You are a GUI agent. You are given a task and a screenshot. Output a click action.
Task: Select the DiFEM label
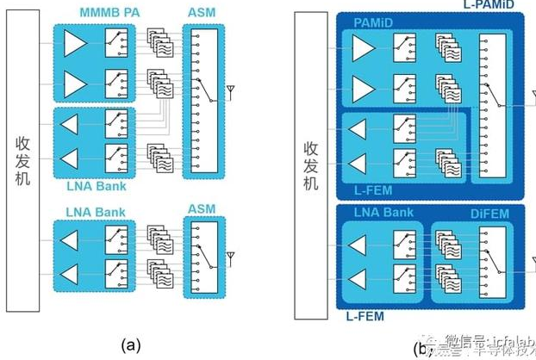coord(466,212)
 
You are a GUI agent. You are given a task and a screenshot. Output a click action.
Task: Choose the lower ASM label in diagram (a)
coord(202,209)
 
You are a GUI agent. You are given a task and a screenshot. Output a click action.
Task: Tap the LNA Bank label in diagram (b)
coord(383,212)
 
